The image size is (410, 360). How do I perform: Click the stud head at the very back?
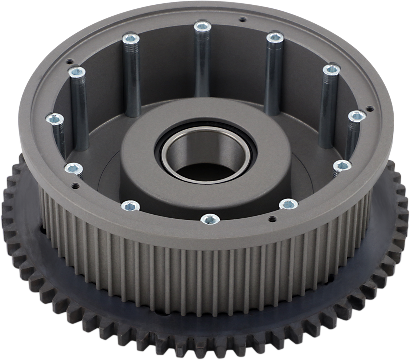202,26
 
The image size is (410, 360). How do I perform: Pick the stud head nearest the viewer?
210,219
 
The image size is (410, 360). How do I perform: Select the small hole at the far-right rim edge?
369,108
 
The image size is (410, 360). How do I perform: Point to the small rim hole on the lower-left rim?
75,186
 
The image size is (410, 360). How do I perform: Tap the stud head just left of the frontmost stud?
131,206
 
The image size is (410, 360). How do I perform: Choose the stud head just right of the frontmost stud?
288,205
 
